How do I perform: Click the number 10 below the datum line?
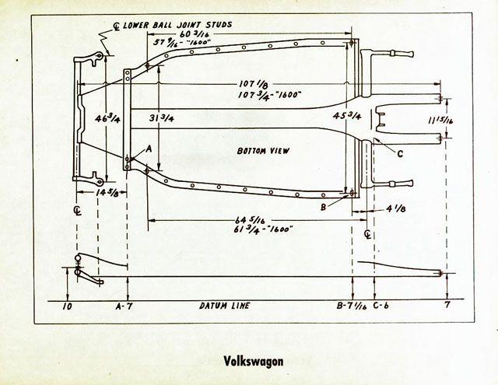pos(68,306)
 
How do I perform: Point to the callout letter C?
pos(399,153)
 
